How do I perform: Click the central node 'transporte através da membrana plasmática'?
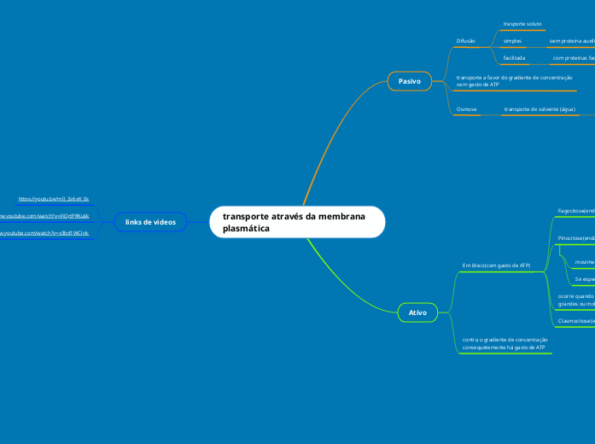[296, 222]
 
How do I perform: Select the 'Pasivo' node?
[410, 81]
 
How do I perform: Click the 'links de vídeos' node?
[150, 222]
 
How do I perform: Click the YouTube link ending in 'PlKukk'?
[44, 216]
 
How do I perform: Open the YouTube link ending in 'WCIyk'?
[44, 232]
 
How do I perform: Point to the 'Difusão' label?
[466, 40]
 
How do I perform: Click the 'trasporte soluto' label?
[522, 24]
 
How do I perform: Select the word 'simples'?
[512, 40]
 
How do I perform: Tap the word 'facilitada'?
[514, 58]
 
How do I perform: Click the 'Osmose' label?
[467, 109]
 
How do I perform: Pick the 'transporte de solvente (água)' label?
[540, 109]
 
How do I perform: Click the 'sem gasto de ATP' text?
[478, 85]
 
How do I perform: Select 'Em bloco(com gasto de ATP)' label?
[496, 266]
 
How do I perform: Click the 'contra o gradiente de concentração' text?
[505, 339]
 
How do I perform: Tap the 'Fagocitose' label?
[575, 209]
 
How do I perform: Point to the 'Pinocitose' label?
[575, 238]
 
